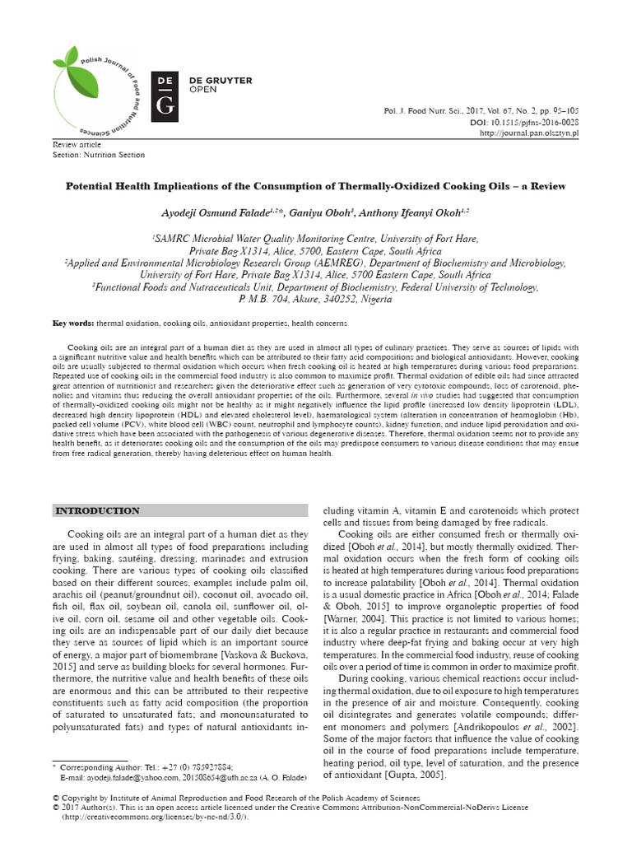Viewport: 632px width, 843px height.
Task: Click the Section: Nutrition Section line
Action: (99, 155)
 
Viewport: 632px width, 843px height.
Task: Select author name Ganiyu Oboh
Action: (316, 212)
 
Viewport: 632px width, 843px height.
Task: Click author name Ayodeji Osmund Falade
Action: (214, 212)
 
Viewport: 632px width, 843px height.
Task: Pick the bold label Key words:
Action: (72, 324)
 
